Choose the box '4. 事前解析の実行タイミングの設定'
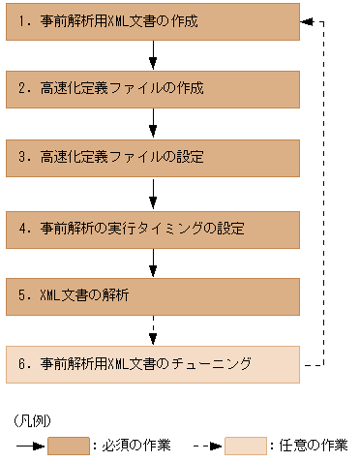pos(153,230)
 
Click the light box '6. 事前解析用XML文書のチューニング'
pos(153,364)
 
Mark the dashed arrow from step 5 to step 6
pos(153,330)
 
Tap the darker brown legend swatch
pos(69,447)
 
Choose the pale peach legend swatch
pos(245,447)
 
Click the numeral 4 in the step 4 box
pos(21,230)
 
